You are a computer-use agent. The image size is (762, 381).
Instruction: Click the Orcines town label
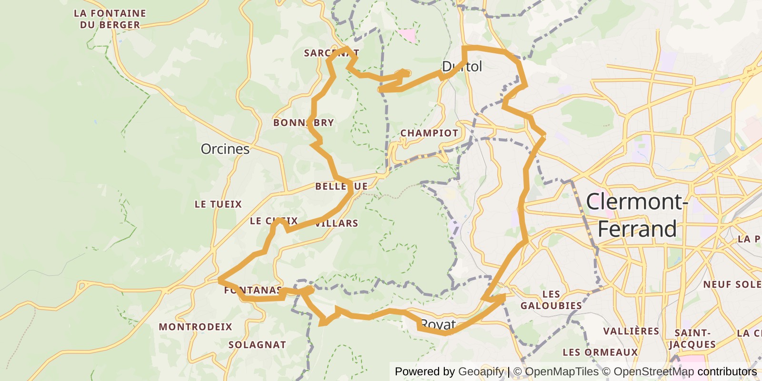225,149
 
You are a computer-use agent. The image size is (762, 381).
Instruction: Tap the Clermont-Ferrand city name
637,215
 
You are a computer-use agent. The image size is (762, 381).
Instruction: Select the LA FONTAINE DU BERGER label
110,19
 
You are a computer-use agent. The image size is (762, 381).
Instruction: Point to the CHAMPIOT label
429,133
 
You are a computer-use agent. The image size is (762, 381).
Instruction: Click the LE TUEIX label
218,204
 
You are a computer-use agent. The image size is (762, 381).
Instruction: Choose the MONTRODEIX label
195,327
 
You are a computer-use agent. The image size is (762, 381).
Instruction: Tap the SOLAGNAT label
257,345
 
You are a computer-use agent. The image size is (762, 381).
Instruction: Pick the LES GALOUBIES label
551,300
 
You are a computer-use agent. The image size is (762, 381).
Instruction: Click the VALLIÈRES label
631,331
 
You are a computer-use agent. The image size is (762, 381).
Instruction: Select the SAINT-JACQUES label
692,339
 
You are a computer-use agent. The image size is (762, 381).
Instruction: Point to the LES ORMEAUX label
600,352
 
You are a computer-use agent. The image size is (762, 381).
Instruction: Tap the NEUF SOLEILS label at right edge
732,284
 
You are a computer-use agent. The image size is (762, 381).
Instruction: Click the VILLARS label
337,223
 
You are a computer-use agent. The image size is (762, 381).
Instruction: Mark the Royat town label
438,325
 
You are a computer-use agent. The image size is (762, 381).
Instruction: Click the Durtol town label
462,67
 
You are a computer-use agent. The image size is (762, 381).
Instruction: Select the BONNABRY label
303,123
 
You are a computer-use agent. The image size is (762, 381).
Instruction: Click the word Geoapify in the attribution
481,371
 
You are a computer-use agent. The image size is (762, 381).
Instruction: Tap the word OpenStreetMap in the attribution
654,371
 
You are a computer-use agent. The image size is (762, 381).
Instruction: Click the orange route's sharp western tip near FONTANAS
220,280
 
